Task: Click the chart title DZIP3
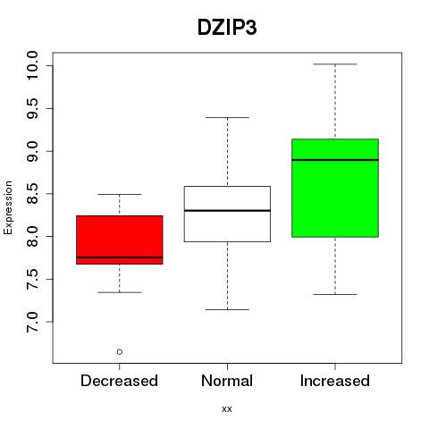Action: [x=227, y=28]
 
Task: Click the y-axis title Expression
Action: [x=8, y=207]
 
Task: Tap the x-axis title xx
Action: [x=227, y=409]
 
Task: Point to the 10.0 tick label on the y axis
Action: [x=32, y=65]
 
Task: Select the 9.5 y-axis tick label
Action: [x=32, y=108]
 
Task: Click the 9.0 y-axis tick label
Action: [x=32, y=151]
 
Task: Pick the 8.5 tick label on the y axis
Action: [x=32, y=194]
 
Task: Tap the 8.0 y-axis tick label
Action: [x=32, y=237]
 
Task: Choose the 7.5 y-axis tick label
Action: [x=32, y=279]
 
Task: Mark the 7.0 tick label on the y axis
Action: [x=32, y=322]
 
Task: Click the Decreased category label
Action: [x=119, y=381]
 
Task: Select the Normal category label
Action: [x=227, y=381]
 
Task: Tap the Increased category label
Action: [x=335, y=381]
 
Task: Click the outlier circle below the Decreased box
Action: [x=120, y=352]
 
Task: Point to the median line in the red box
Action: [x=120, y=257]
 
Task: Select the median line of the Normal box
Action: [x=227, y=211]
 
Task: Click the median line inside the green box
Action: [x=335, y=160]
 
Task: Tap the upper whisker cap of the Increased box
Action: [x=335, y=64]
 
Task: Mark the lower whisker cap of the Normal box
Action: [x=227, y=309]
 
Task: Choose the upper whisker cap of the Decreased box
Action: [x=120, y=194]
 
